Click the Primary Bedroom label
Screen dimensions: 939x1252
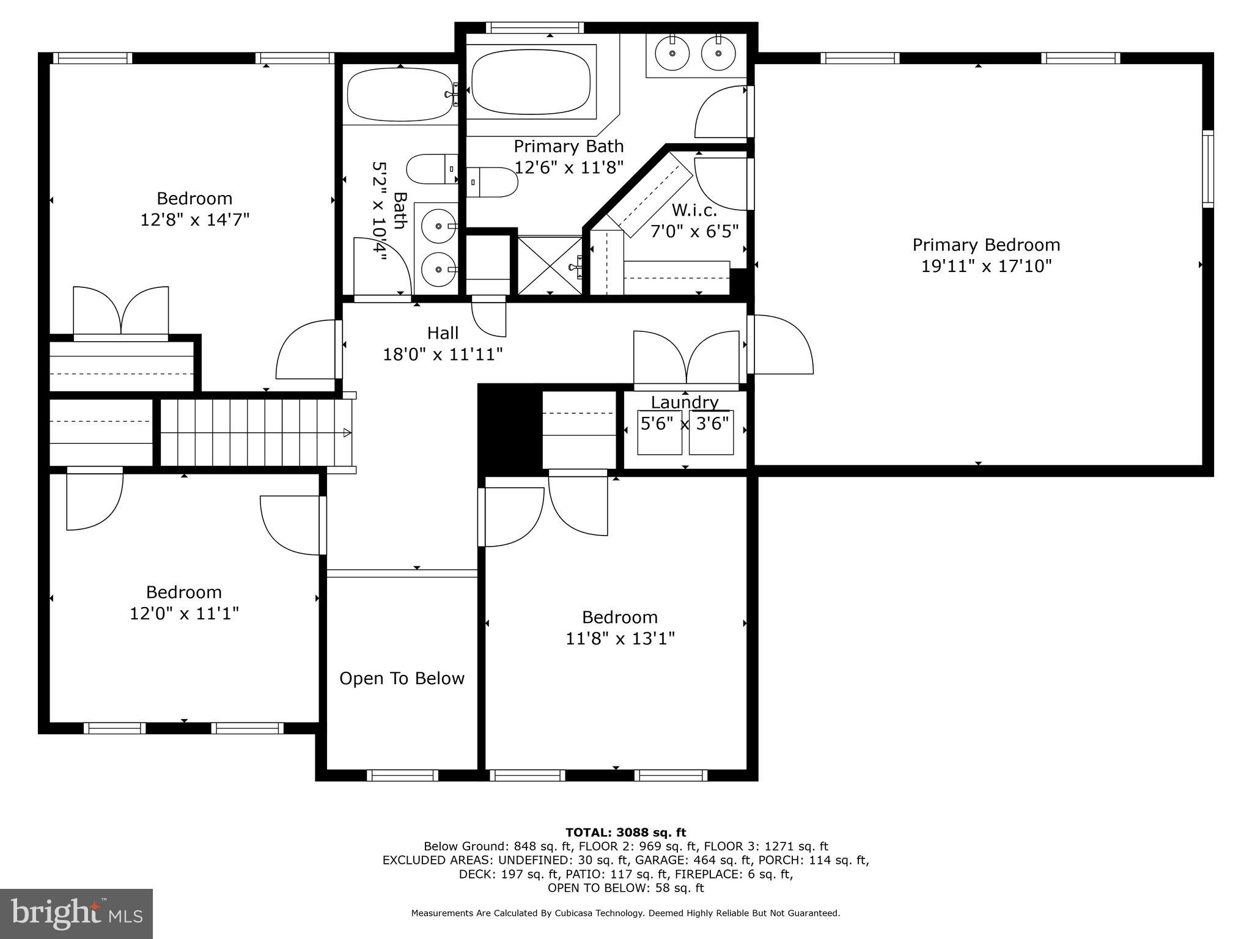pos(986,245)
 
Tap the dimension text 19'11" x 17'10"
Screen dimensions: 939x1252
pos(986,267)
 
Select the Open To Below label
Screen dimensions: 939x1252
pos(402,679)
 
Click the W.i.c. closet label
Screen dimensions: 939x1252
pos(694,210)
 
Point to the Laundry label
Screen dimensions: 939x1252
pos(684,402)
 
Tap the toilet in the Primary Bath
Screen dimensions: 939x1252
pos(493,182)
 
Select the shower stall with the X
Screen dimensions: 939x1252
pos(550,265)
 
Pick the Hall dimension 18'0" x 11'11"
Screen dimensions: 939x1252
pos(443,355)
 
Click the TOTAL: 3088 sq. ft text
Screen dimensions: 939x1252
pos(625,832)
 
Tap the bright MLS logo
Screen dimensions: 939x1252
pos(76,913)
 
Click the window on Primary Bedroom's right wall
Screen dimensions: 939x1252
pos(1208,169)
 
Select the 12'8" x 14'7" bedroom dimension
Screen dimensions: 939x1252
pos(195,220)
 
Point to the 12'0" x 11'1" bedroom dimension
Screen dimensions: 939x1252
pos(184,613)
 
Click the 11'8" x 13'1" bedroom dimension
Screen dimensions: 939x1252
pos(620,639)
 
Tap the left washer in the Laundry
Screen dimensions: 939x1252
pos(659,433)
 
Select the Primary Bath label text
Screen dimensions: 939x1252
pos(569,147)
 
